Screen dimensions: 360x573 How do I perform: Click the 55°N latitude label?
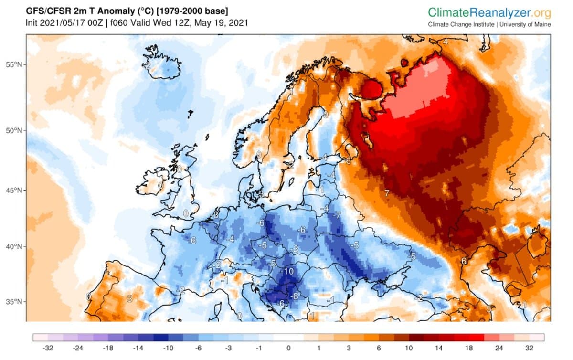point(13,64)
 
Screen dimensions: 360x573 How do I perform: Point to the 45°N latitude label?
point(13,191)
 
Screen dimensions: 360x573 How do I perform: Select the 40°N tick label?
point(13,247)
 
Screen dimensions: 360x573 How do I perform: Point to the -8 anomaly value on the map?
point(295,296)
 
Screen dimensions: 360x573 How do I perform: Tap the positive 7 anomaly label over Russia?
point(387,193)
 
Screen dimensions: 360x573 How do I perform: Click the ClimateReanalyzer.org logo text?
point(489,12)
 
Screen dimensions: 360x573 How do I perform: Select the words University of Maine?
point(525,25)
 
